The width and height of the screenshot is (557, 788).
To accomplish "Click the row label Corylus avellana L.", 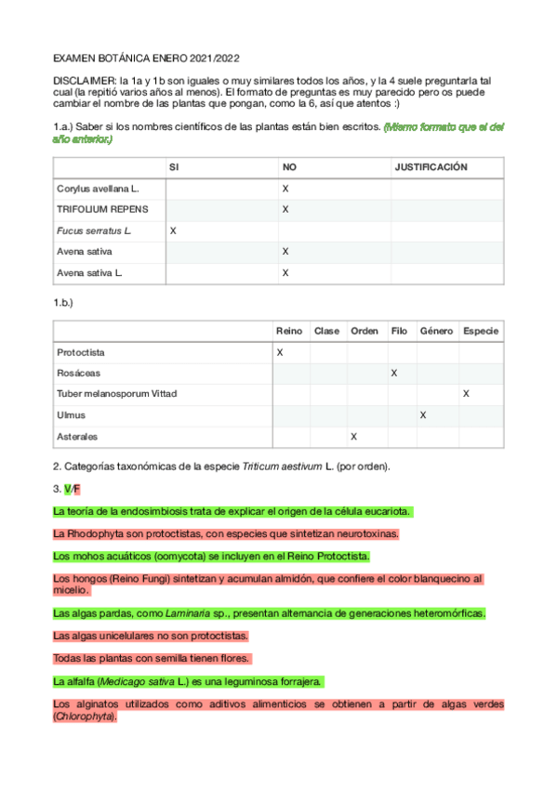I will (x=98, y=189).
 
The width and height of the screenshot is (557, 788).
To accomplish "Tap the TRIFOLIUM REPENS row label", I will (x=102, y=209).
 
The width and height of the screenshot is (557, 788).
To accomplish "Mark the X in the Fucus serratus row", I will (x=173, y=230).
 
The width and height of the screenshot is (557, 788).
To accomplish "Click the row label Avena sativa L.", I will (x=91, y=273).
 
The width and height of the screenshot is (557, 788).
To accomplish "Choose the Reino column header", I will (x=289, y=332).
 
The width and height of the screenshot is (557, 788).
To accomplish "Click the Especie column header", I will (x=481, y=332).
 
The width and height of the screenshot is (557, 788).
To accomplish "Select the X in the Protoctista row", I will (x=280, y=353).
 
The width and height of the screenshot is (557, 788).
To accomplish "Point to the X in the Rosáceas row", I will (x=394, y=374).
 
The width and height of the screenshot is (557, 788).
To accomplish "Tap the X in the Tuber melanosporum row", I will (x=466, y=394).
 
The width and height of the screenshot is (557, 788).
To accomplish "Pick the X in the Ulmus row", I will (x=423, y=415).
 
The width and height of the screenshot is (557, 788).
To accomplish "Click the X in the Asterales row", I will (x=352, y=436).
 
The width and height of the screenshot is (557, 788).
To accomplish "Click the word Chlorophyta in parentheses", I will (x=84, y=717).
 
